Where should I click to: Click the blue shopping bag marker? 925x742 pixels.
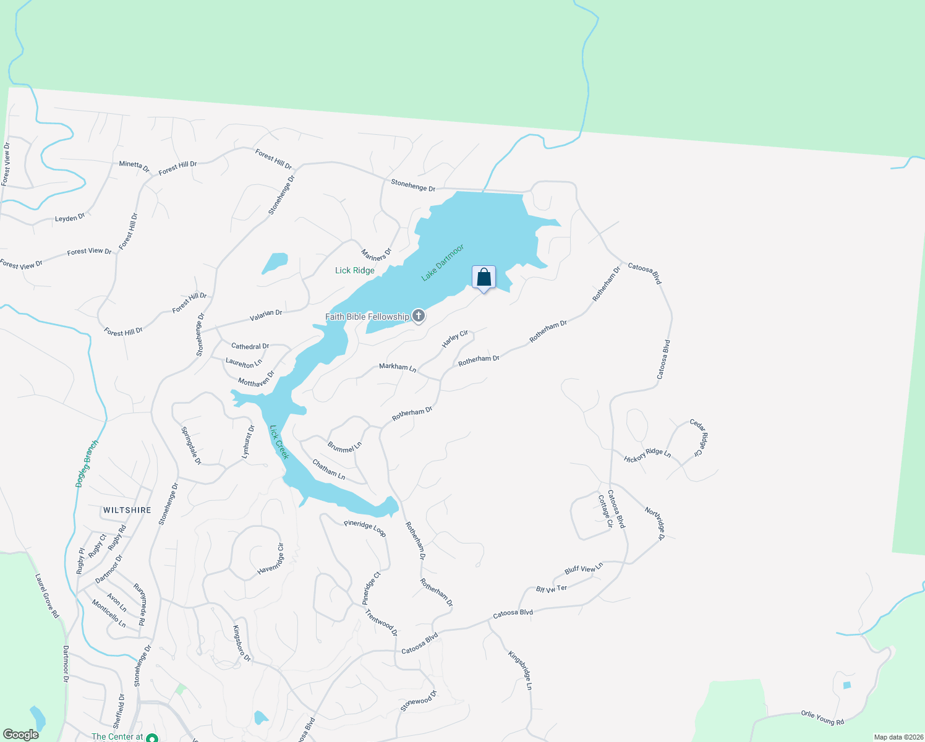[484, 278]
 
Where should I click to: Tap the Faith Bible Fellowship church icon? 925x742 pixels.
[419, 317]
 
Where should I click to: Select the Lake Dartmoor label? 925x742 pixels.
[442, 263]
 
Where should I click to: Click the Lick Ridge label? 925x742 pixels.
[354, 270]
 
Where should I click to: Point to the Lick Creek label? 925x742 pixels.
[279, 441]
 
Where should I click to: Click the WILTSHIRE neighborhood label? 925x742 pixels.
[127, 510]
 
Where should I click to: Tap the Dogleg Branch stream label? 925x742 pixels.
[87, 463]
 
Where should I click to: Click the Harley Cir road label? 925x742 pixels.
[455, 339]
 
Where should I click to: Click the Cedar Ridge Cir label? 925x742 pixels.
[697, 438]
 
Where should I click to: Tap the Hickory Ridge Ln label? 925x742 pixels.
[647, 456]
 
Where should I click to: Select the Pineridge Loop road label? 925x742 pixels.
[365, 528]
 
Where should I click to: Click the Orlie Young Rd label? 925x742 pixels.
[822, 717]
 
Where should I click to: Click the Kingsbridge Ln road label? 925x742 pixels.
[520, 670]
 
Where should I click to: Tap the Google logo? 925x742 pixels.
[21, 735]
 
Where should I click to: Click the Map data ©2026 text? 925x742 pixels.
[898, 737]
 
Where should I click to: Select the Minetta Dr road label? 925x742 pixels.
[134, 166]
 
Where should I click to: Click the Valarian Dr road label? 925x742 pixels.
[266, 315]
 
